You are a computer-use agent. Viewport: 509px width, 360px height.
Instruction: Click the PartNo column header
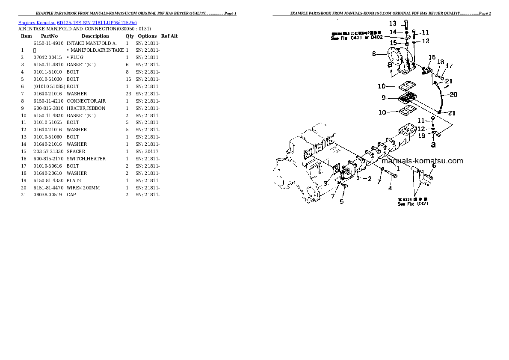point(49,36)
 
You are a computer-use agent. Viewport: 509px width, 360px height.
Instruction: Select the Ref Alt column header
point(169,36)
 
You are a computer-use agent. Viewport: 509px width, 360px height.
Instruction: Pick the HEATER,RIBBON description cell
point(86,108)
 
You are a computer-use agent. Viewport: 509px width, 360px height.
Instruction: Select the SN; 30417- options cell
point(148,151)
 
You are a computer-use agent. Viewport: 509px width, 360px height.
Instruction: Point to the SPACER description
point(76,151)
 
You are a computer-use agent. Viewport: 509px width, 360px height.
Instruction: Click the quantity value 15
point(128,79)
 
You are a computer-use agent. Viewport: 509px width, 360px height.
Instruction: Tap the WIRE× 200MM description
point(84,188)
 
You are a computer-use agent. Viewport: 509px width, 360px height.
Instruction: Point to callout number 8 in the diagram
point(374,54)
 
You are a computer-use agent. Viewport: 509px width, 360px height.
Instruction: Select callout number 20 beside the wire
point(453,94)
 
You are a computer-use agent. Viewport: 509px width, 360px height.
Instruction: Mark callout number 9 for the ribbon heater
point(385,98)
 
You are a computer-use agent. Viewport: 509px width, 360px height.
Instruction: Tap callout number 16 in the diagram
point(432,58)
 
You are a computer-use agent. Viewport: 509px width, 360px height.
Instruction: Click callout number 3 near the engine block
point(325,183)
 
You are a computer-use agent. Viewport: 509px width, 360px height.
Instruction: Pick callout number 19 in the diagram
point(421,136)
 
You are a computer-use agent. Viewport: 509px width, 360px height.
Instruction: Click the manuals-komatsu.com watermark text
point(421,161)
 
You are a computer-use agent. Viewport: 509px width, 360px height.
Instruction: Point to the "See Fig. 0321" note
point(413,204)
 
